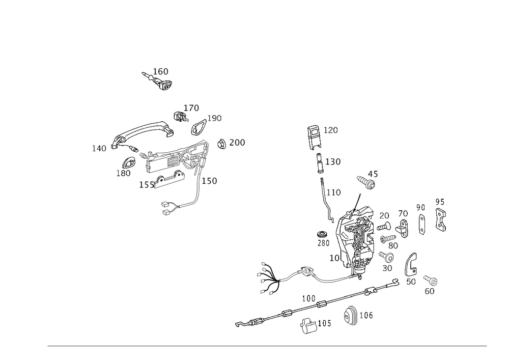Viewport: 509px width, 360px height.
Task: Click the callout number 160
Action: tap(160, 71)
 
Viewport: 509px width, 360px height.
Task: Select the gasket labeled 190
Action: tap(199, 127)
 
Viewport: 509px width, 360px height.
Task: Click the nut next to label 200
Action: tap(221, 144)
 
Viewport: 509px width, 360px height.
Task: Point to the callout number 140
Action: tap(99, 148)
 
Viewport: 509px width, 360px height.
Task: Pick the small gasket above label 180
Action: tap(129, 162)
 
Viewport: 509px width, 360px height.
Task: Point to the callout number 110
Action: tap(333, 192)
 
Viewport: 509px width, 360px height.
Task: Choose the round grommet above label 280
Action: tap(322, 234)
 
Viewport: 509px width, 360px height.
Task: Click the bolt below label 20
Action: tap(384, 226)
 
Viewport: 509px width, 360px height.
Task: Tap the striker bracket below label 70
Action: tap(404, 229)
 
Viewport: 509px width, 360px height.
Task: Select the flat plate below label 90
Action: tap(422, 224)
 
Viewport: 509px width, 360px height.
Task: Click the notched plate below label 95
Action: tap(440, 220)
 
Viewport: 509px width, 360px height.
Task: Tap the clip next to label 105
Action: tap(308, 325)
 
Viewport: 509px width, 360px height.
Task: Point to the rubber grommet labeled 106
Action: tap(350, 314)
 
